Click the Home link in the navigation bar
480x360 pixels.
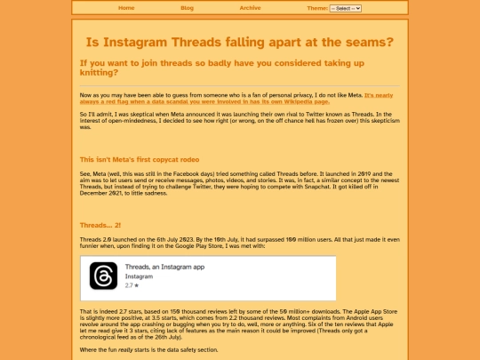click(x=126, y=8)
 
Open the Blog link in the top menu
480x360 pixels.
click(x=187, y=8)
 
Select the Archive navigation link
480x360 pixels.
click(x=250, y=8)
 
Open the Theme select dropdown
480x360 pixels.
click(x=345, y=8)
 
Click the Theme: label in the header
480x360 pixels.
click(x=316, y=8)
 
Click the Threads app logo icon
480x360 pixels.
click(x=103, y=276)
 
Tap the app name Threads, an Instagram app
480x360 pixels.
click(x=164, y=268)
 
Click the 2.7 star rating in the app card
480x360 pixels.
click(x=130, y=285)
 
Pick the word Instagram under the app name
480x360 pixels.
click(x=140, y=276)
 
